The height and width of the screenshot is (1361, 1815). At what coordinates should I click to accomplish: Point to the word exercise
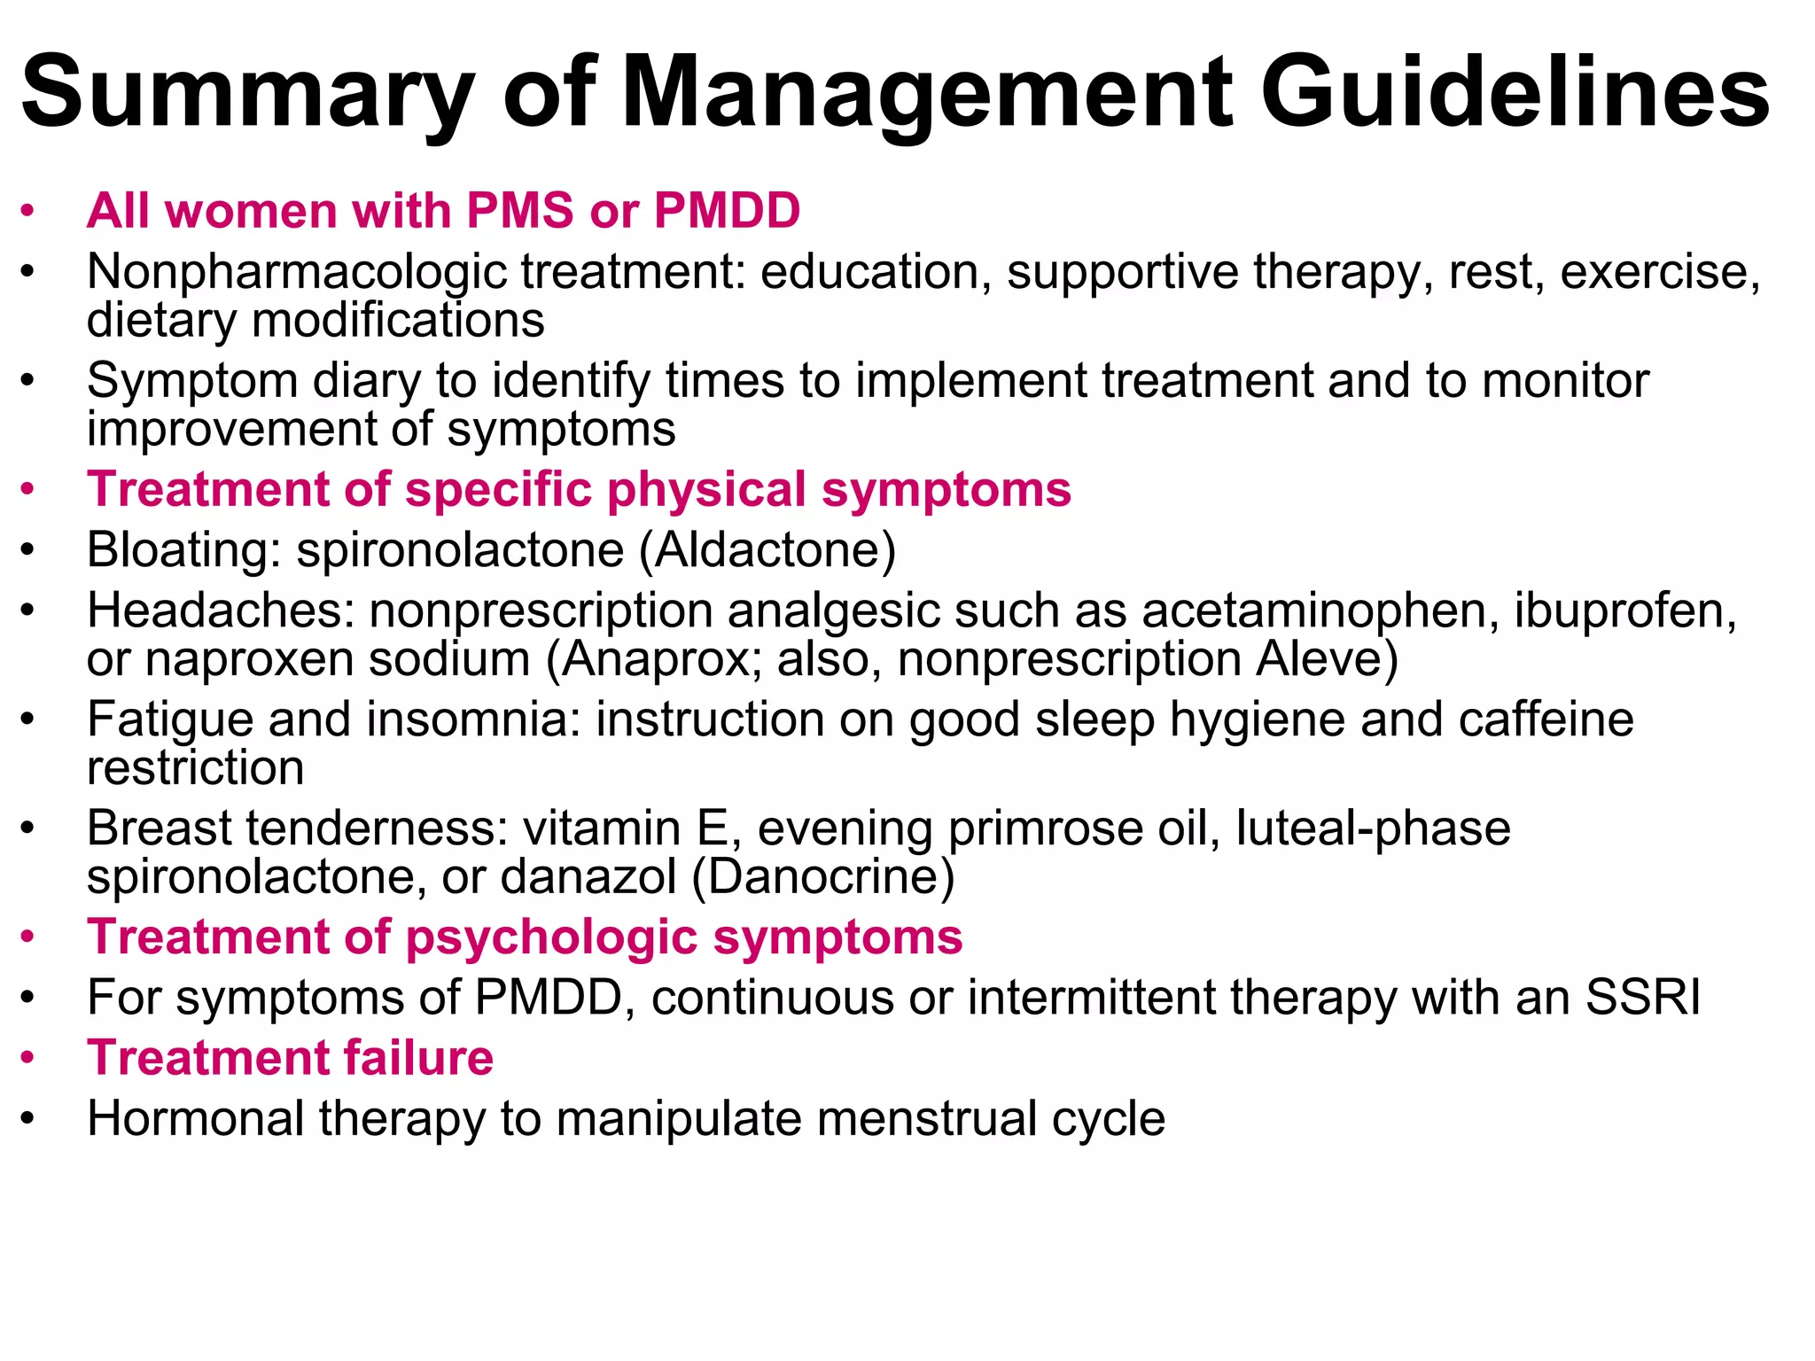click(x=1658, y=272)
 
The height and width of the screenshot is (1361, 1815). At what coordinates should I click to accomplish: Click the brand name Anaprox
click(x=655, y=660)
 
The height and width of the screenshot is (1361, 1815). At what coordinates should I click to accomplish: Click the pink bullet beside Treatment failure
click(x=28, y=1058)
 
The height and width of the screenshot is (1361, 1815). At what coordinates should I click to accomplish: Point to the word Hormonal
click(x=196, y=1118)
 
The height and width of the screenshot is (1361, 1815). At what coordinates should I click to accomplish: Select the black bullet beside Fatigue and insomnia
click(x=28, y=719)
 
